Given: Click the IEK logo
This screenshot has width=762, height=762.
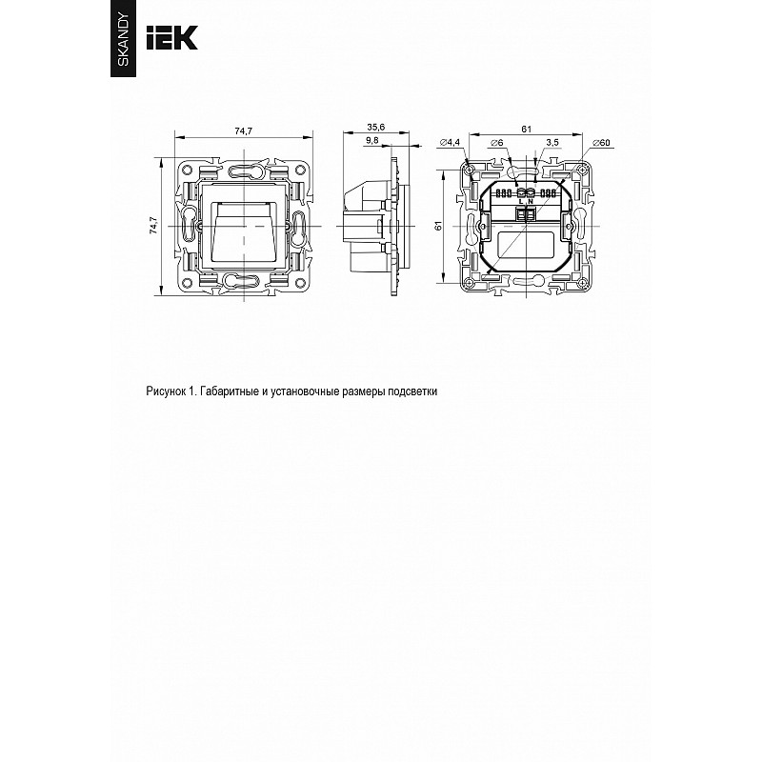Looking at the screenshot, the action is tap(172, 37).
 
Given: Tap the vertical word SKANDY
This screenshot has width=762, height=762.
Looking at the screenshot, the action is tap(124, 40).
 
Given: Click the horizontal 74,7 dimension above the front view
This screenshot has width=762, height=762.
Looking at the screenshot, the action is tap(244, 130).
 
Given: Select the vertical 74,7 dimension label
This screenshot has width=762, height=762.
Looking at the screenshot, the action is tap(153, 226).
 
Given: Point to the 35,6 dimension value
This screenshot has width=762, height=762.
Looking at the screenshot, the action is tap(375, 127).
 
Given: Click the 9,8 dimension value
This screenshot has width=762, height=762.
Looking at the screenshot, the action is tap(371, 140).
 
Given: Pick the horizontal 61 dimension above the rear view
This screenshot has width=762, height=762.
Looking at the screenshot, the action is tap(527, 129).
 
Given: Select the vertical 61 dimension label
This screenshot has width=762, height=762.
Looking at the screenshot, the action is tap(438, 226).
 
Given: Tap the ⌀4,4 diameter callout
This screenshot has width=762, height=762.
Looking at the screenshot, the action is tap(450, 142).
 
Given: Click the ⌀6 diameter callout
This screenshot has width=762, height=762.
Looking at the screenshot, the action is tap(496, 142).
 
